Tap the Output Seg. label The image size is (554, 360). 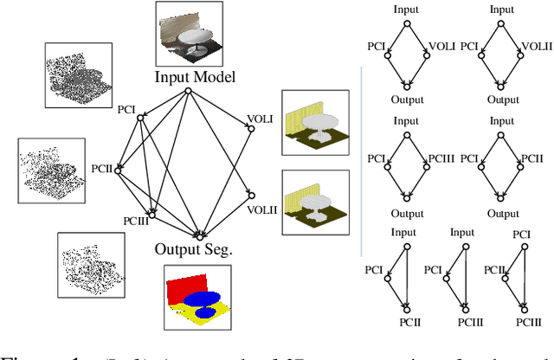click(196, 250)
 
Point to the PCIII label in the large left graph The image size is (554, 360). click(136, 221)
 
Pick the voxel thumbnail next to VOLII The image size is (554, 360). click(315, 202)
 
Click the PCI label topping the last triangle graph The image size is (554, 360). click(523, 234)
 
